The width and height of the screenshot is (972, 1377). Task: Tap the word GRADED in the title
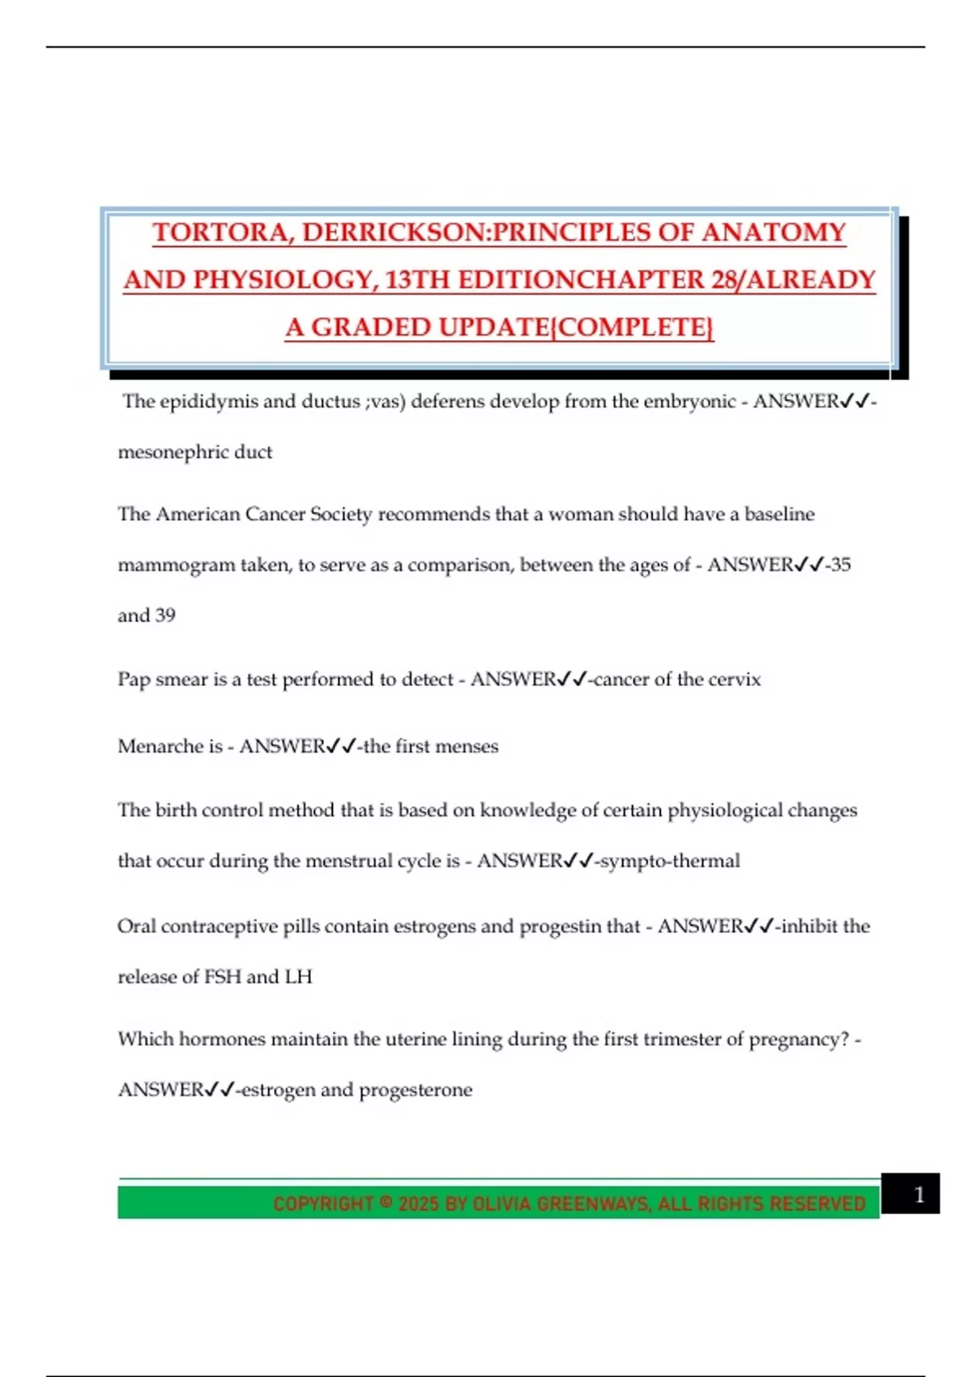coord(372,327)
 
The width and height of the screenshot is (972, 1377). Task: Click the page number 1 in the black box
coord(919,1195)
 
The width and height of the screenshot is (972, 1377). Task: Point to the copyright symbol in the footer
coord(386,1203)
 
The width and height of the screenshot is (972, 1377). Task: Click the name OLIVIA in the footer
coord(501,1204)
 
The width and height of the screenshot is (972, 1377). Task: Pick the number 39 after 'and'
coord(165,616)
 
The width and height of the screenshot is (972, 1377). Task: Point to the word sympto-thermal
coord(669,861)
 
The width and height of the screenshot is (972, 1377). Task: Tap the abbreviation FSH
coord(223,977)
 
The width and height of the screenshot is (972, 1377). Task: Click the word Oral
coord(136,926)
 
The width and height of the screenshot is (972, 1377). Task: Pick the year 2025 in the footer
coord(418,1204)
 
